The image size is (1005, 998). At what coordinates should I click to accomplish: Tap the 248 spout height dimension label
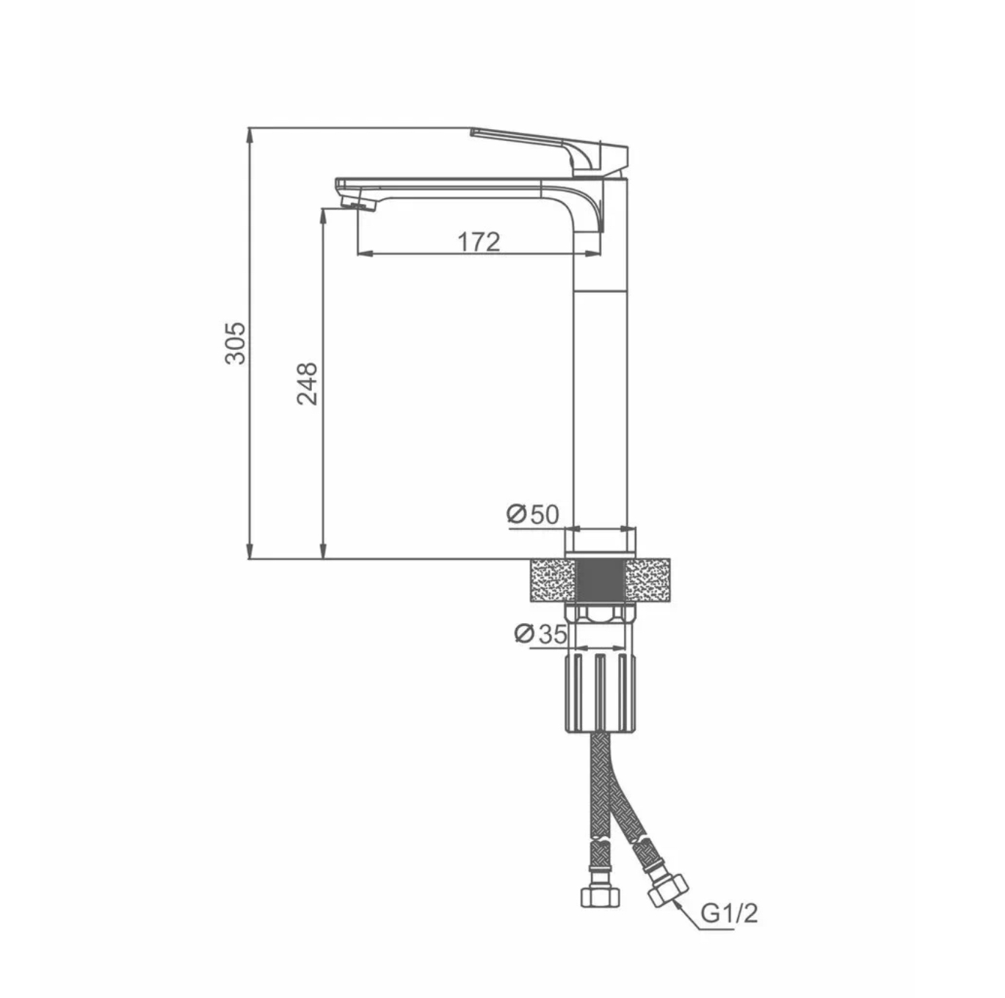(307, 384)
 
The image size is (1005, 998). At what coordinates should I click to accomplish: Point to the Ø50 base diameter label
(532, 514)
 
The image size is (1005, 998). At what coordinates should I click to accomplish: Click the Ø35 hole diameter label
(540, 634)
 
